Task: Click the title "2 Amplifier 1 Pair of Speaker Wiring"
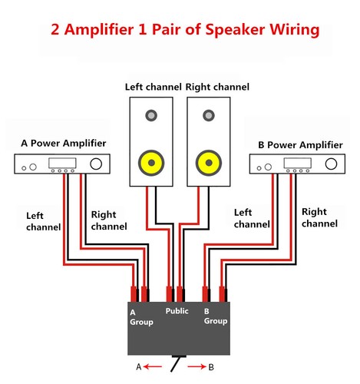click(x=180, y=31)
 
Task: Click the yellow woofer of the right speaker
click(x=208, y=163)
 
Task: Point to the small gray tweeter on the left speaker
click(x=151, y=116)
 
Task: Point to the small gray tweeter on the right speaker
click(x=208, y=116)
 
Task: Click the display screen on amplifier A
click(x=60, y=164)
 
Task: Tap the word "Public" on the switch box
click(x=177, y=311)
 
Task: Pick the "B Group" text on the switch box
click(x=213, y=317)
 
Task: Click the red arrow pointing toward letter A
click(x=150, y=367)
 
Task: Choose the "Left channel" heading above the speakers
click(x=153, y=88)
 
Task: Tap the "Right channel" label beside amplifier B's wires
click(x=319, y=217)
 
